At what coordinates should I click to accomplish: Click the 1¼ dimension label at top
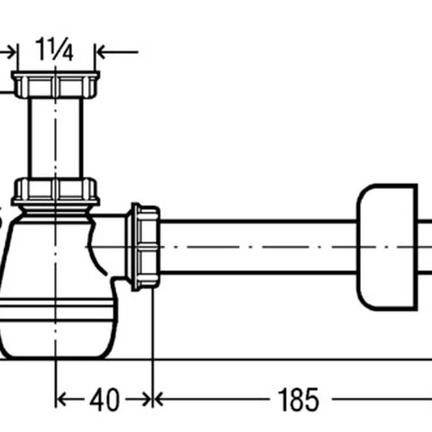point(55,49)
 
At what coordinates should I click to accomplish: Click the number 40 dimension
point(104,400)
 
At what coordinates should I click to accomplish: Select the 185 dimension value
point(299,400)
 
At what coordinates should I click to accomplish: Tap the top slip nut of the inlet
point(56,84)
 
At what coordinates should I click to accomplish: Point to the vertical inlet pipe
point(56,138)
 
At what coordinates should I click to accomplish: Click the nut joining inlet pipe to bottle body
point(56,192)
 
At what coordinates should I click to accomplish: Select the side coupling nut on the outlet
point(143,247)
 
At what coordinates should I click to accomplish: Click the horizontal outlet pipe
point(258,247)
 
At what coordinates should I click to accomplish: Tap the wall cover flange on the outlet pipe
point(387,247)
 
